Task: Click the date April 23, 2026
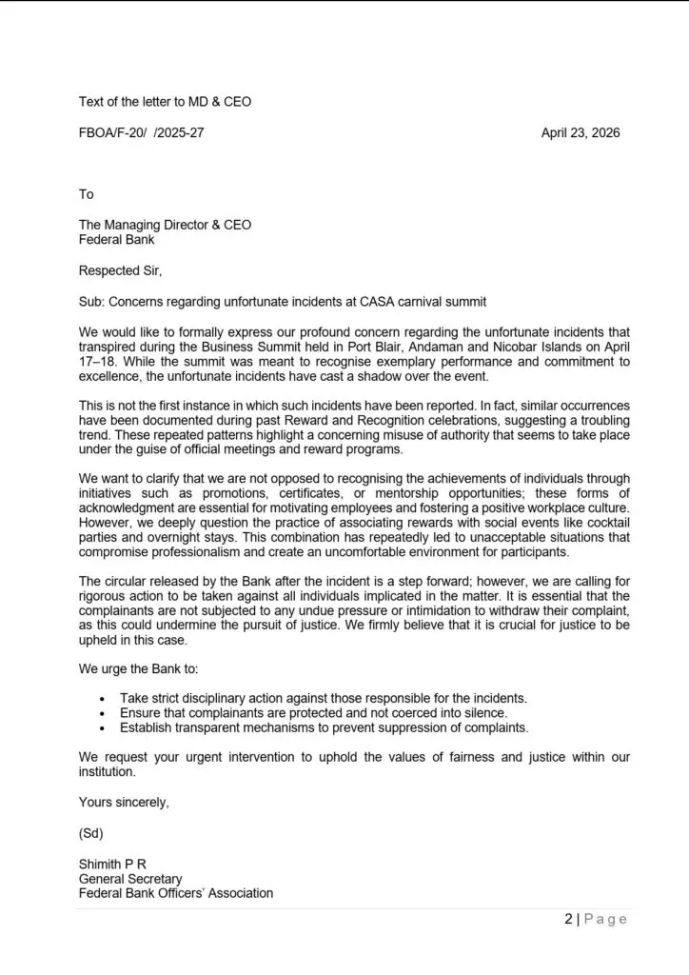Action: click(x=580, y=133)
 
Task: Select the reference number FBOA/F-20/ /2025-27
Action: click(x=141, y=133)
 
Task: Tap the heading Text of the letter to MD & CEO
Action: click(x=165, y=101)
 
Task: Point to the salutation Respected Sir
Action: click(x=120, y=270)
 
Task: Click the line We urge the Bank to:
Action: click(x=138, y=669)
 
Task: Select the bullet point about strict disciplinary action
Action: click(x=323, y=699)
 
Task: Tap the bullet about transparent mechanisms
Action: click(x=324, y=727)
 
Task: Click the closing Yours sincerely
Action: click(x=124, y=803)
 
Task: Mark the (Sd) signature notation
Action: click(x=90, y=833)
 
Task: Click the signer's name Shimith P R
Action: click(x=112, y=864)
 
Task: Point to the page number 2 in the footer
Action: click(x=569, y=919)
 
